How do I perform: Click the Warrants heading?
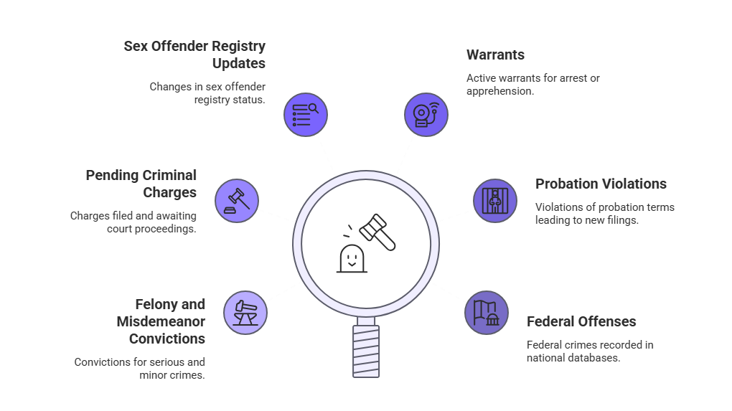(x=495, y=55)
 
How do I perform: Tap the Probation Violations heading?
(x=601, y=184)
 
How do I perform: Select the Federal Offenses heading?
(x=581, y=321)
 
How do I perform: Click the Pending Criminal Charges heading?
(x=142, y=184)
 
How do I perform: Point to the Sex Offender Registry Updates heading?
(x=194, y=55)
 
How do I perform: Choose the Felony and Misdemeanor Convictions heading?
(x=162, y=321)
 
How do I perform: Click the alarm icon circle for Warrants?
(x=426, y=114)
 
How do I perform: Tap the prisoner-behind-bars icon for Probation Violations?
(x=494, y=200)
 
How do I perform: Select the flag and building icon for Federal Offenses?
(x=486, y=313)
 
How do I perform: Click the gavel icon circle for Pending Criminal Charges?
(x=237, y=200)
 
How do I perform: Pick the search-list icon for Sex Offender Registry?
(x=306, y=114)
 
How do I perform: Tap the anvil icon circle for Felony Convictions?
(x=245, y=313)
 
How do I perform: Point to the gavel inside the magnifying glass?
(x=377, y=231)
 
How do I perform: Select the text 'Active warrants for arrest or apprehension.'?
(x=532, y=85)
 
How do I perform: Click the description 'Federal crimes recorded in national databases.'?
(x=590, y=351)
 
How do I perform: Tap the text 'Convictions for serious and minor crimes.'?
(x=140, y=368)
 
